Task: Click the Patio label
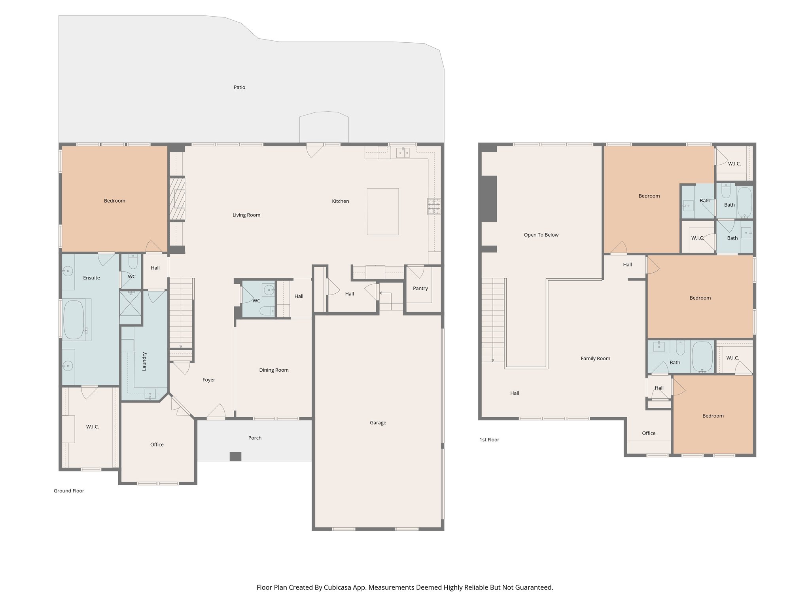coord(239,87)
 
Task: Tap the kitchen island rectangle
coord(382,212)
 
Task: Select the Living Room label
coord(246,215)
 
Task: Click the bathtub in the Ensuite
coord(74,319)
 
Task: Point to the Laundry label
coord(144,361)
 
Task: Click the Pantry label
coord(420,288)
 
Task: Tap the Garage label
coord(378,423)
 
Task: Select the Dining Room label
coord(274,370)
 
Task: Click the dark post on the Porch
coord(235,456)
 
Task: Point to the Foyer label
coord(208,380)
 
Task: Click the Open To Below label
coord(541,235)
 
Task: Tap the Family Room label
coord(595,359)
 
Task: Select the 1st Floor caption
coord(489,440)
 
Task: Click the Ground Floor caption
coord(69,491)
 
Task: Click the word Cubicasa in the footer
coord(338,587)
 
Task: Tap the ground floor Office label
coord(157,445)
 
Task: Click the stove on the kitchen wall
coord(434,207)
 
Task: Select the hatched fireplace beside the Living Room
coord(177,199)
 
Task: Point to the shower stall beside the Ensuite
coord(131,303)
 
